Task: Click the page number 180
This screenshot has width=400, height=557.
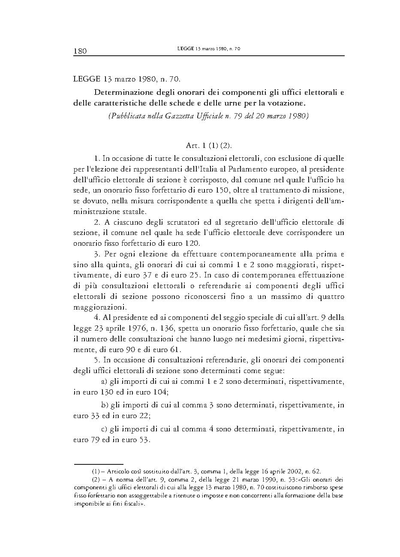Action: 80,51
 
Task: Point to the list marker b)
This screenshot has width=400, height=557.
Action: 104,404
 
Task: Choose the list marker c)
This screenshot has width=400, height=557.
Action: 104,428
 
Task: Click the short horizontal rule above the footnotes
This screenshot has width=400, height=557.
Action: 99,464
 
